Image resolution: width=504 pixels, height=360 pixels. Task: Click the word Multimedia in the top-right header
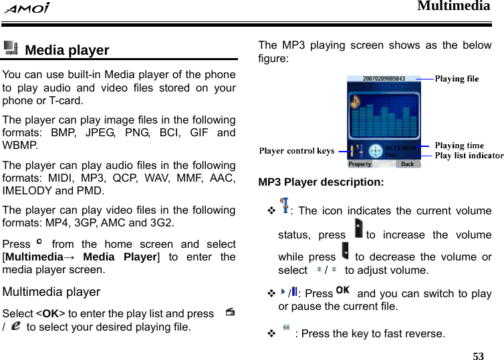(453, 7)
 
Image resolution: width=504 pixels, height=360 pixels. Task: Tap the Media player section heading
(67, 50)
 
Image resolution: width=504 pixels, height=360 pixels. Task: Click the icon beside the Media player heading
(11, 48)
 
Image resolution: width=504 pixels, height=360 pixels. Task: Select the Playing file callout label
(457, 79)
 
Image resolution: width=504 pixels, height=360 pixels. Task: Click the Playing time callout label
(459, 146)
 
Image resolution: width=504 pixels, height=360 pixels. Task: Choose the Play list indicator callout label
(469, 156)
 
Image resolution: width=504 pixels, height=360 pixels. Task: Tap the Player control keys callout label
(297, 151)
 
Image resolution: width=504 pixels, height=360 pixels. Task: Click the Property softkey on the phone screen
(360, 164)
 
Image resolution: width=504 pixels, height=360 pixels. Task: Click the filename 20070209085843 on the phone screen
(384, 79)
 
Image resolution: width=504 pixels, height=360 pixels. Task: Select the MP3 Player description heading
(321, 182)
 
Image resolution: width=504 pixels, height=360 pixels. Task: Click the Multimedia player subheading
(51, 292)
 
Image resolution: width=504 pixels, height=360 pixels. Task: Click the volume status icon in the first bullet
(285, 206)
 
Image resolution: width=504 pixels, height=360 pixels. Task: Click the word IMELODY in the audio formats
(25, 190)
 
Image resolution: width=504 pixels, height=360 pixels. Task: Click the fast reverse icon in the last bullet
(285, 328)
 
